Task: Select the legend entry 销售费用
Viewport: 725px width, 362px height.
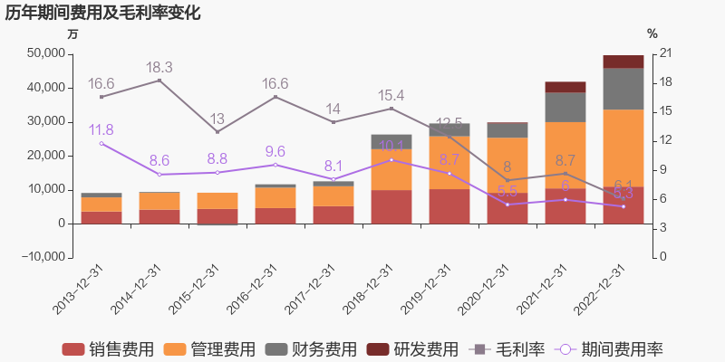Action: tap(108, 349)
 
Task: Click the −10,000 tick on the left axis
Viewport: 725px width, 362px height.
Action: tap(41, 257)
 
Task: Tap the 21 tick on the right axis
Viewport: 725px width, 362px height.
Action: tap(665, 54)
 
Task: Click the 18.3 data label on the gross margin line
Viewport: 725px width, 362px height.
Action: tap(159, 68)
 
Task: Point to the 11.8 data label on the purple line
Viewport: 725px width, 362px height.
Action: tap(101, 130)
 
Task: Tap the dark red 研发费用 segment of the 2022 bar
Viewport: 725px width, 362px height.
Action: tap(623, 62)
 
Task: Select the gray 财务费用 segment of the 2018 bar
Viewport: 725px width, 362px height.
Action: tap(391, 141)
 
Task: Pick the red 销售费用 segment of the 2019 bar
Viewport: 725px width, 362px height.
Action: tap(449, 205)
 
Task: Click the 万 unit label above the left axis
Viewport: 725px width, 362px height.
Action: tap(73, 33)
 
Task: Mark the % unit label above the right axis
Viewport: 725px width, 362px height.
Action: tap(652, 33)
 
